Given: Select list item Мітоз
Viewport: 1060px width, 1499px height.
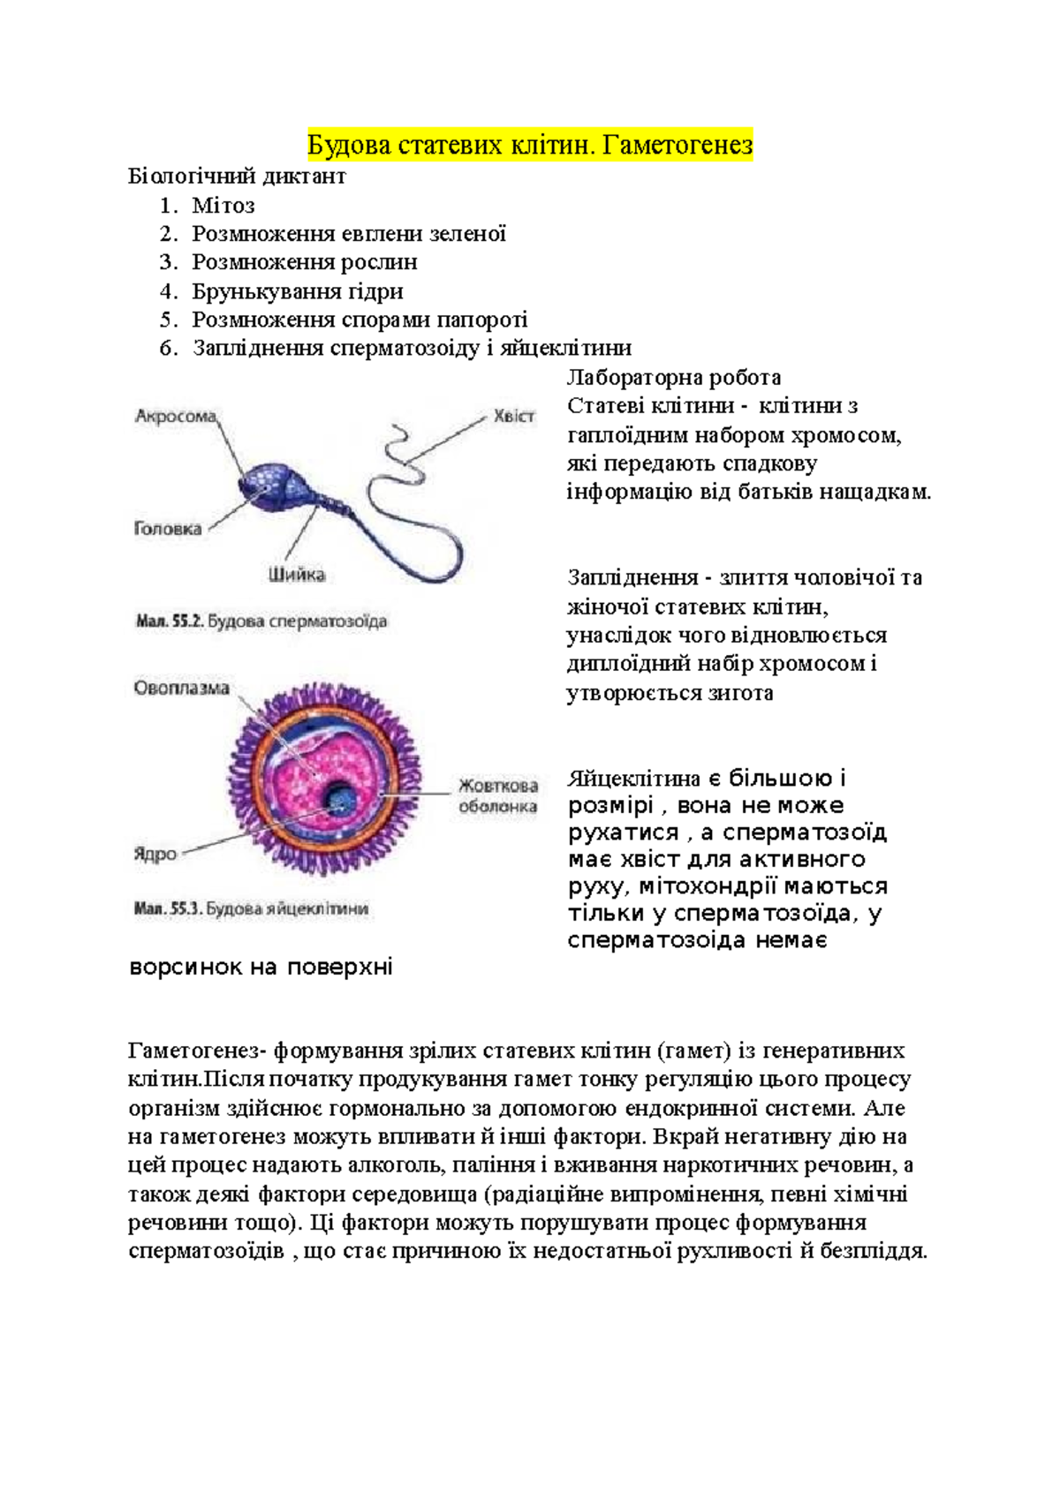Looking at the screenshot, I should click(223, 206).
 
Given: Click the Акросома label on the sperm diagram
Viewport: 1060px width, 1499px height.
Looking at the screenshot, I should click(176, 416).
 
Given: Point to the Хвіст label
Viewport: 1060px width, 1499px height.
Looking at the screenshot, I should click(513, 416).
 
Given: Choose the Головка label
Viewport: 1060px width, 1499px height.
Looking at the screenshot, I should click(168, 529).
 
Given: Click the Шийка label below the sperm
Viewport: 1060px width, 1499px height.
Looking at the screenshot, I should click(297, 575).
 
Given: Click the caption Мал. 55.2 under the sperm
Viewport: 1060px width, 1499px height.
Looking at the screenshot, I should click(261, 621).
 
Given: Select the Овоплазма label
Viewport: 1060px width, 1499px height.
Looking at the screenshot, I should click(182, 688).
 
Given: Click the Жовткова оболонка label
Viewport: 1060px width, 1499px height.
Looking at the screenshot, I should click(498, 795).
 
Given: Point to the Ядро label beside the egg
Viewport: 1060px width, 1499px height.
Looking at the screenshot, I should click(155, 854).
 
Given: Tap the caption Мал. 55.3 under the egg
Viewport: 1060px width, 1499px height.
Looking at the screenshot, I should click(252, 908).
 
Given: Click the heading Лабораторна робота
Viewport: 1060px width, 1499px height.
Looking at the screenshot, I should click(674, 378).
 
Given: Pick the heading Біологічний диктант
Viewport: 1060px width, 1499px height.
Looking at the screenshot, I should click(237, 176).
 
